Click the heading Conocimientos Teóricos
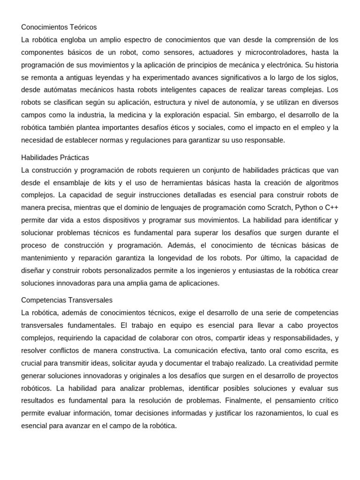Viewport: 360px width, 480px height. click(x=59, y=27)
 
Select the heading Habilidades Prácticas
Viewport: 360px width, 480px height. click(x=55, y=157)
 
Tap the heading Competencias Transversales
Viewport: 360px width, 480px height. click(x=67, y=300)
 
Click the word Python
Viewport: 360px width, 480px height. click(x=305, y=208)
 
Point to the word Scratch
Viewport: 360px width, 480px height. click(x=279, y=208)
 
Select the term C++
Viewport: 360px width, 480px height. click(x=331, y=208)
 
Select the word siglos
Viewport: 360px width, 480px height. click(x=328, y=77)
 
